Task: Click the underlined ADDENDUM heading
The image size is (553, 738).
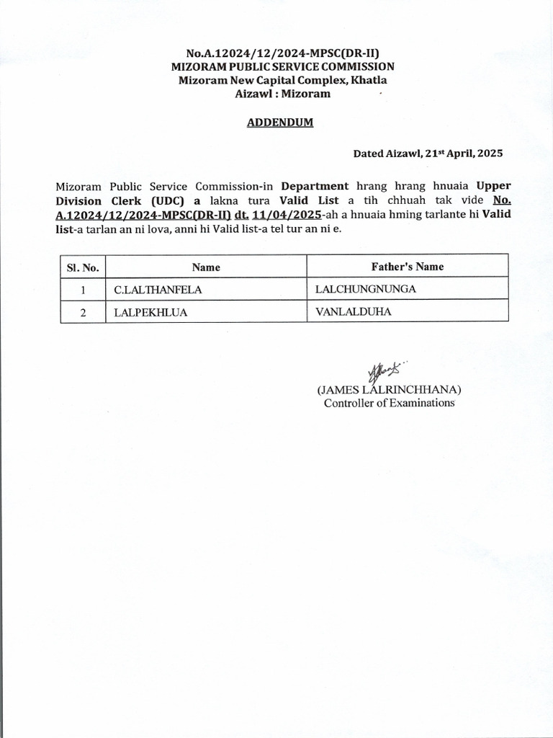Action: tap(280, 123)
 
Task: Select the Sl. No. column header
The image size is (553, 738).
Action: tap(82, 267)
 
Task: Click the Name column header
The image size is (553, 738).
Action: tap(206, 267)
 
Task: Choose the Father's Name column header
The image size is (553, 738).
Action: tap(408, 267)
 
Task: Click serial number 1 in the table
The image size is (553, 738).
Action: tap(83, 290)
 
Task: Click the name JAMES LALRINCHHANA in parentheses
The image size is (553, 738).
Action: tap(389, 390)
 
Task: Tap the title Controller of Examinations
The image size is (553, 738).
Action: tap(389, 403)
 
